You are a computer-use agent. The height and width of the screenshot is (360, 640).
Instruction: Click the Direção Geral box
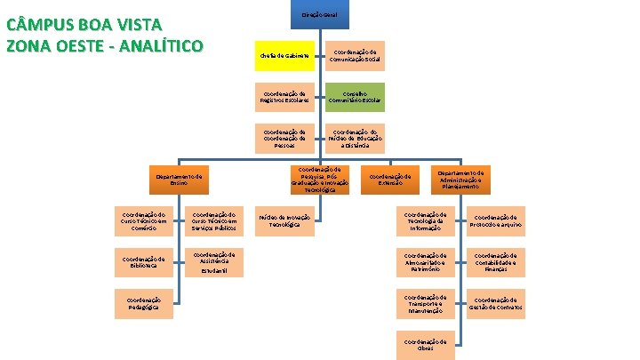tap(317, 15)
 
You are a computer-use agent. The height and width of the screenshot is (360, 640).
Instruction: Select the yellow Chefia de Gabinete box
tap(285, 56)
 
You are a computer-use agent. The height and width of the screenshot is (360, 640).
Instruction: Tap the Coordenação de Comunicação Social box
tap(353, 56)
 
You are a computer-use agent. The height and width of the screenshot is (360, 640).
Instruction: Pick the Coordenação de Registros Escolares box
tap(285, 96)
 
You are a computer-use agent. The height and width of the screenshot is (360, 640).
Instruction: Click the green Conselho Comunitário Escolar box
tap(353, 96)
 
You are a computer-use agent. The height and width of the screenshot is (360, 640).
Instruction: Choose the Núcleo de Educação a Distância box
tap(353, 138)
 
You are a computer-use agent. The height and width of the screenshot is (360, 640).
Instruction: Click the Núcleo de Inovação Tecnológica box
tap(285, 220)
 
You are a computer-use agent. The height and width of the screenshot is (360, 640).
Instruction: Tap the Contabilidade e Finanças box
tap(496, 261)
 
